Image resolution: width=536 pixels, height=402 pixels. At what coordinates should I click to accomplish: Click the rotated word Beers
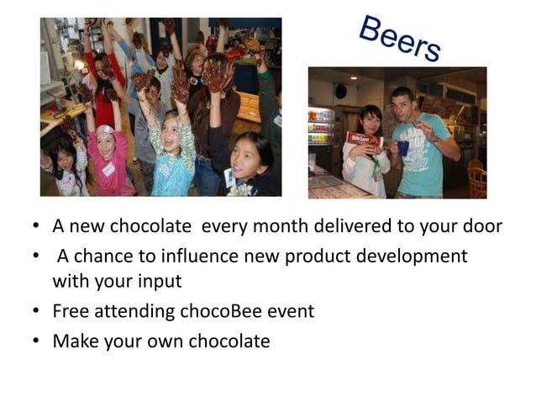pyautogui.click(x=399, y=39)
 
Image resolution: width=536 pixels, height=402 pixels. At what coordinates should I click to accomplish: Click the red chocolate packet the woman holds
pyautogui.click(x=362, y=139)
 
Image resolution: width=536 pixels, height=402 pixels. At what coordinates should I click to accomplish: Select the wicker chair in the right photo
pyautogui.click(x=476, y=177)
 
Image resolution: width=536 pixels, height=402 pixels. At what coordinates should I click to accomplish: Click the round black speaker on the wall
pyautogui.click(x=341, y=90)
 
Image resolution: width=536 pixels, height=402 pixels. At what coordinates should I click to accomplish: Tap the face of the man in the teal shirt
pyautogui.click(x=402, y=105)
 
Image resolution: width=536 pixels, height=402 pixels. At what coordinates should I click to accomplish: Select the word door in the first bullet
pyautogui.click(x=481, y=226)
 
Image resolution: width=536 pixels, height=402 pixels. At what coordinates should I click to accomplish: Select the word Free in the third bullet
pyautogui.click(x=71, y=311)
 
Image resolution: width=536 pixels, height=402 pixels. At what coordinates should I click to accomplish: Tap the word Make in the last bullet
pyautogui.click(x=74, y=341)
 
